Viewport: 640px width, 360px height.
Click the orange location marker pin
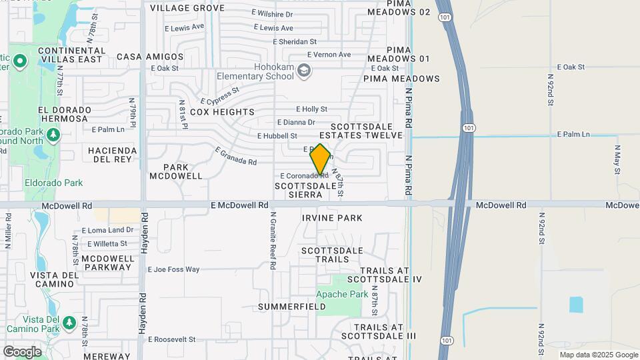tap(320, 159)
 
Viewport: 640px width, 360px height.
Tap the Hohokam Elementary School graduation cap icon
tap(304, 70)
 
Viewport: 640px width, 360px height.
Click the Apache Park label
tap(342, 294)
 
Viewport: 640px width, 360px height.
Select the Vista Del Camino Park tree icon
tap(69, 323)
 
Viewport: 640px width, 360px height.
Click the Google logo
tap(22, 351)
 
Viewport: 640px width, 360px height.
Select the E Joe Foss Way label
tap(173, 269)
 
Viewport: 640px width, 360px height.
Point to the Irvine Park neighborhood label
tap(332, 218)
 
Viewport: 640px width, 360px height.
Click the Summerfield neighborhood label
tap(293, 307)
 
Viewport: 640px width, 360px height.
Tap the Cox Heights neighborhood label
tap(222, 112)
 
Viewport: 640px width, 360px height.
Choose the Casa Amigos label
tap(150, 57)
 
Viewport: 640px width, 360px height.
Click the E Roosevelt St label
tap(172, 339)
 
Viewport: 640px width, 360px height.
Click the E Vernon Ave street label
tap(329, 55)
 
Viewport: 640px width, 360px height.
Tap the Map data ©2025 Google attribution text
tap(598, 355)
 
